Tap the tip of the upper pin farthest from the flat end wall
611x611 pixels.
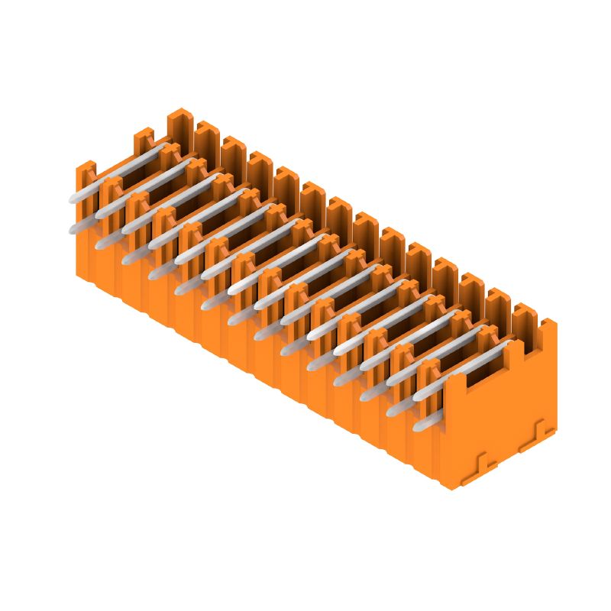[x=73, y=198]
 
